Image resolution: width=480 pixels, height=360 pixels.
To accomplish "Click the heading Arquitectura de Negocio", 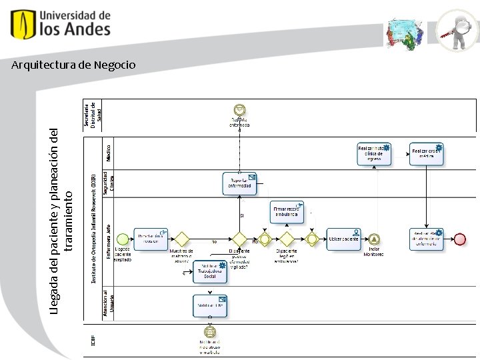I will tap(73, 65).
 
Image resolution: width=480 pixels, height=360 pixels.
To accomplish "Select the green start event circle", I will tap(122, 239).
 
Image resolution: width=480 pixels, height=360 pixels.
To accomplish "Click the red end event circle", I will tap(460, 239).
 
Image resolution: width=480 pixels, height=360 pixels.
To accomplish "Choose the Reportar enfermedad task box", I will tap(240, 183).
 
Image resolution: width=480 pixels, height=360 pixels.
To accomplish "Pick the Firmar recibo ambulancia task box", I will tap(287, 212).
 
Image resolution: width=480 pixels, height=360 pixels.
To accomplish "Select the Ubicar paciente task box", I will tap(343, 239).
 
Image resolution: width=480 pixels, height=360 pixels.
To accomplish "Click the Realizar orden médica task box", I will tap(427, 154).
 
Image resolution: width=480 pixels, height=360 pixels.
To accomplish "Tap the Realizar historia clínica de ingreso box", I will tap(374, 154).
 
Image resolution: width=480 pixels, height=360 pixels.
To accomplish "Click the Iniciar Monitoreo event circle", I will tap(374, 239).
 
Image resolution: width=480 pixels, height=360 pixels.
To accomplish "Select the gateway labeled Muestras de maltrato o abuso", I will tap(181, 239).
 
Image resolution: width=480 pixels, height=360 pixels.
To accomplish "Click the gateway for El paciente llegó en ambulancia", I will tap(287, 239).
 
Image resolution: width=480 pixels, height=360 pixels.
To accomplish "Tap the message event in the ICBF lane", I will tap(210, 331).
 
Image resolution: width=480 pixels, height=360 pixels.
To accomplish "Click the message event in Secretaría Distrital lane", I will tap(239, 110).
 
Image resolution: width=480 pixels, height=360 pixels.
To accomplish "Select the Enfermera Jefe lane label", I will tap(109, 239).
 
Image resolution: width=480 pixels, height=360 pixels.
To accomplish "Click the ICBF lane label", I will tap(93, 340).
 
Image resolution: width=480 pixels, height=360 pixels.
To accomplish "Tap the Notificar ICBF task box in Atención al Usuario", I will tap(210, 305).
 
